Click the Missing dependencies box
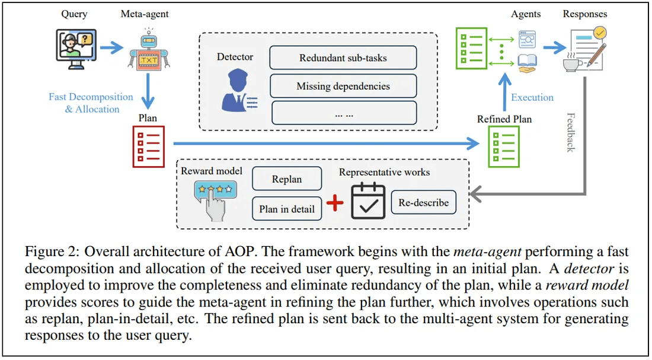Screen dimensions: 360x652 tap(343, 87)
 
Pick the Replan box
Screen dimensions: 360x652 tap(287, 179)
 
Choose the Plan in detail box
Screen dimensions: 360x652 tap(287, 209)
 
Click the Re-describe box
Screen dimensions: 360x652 tap(423, 203)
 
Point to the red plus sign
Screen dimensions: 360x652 tap(335, 203)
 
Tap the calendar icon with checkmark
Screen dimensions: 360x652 tap(368, 202)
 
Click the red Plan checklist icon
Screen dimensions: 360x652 tap(148, 145)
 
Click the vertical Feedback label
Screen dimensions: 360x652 tap(571, 132)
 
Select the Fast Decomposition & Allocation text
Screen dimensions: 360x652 tap(91, 103)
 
